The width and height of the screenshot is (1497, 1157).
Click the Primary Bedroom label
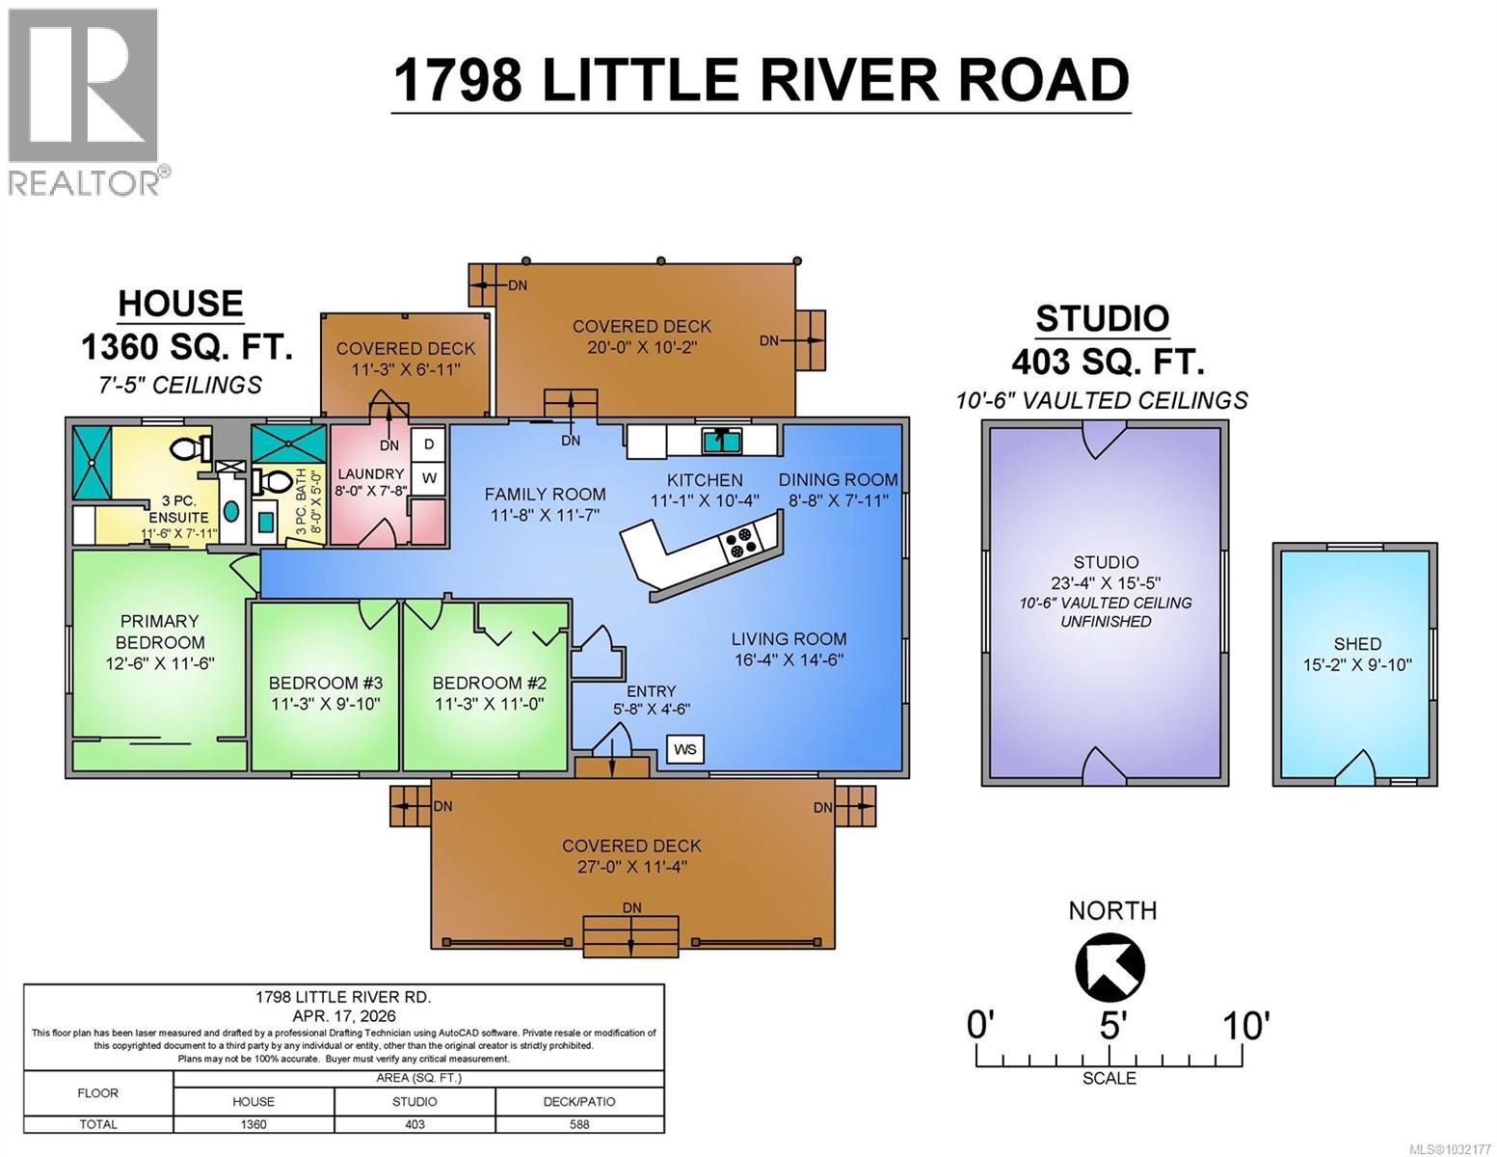pos(160,632)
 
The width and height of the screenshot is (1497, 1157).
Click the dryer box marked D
pos(429,444)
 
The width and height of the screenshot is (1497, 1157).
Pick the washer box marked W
pos(429,478)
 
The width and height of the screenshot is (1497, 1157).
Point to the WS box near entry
pos(685,750)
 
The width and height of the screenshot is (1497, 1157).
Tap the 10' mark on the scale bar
pos(1245,1026)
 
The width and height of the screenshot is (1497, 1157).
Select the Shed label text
pos(1357,643)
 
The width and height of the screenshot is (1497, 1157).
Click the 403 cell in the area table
pos(414,1124)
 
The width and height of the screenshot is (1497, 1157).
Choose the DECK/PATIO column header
pos(579,1101)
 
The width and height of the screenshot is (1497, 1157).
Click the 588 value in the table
pos(579,1124)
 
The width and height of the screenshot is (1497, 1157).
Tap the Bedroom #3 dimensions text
pos(325,705)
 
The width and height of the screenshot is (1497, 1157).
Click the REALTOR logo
pos(85,101)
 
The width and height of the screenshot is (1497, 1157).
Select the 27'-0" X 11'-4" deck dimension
pos(631,867)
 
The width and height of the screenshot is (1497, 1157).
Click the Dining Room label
pos(838,479)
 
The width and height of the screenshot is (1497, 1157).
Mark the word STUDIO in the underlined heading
pos(1102,318)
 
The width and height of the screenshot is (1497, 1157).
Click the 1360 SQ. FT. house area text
pos(186,347)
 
